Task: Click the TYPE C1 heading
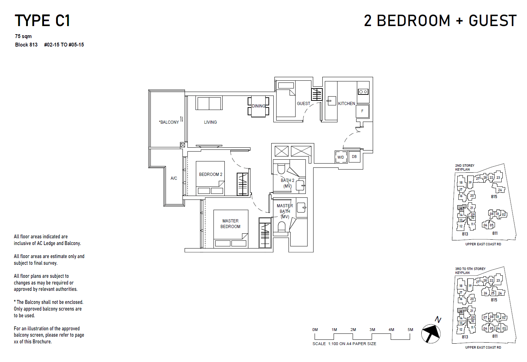tap(42, 21)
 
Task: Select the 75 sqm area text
tap(23, 36)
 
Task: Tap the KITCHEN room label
tap(347, 104)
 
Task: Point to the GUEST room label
tap(303, 104)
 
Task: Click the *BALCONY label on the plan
tap(169, 122)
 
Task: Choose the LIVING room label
tap(210, 122)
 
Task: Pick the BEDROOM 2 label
tap(211, 174)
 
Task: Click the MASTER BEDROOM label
tap(230, 224)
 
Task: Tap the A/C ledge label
tap(174, 178)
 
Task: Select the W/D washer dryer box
tap(341, 157)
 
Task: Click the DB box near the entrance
tap(354, 157)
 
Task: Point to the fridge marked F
tap(362, 111)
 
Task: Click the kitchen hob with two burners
tap(363, 92)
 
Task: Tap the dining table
tap(259, 106)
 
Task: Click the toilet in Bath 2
tap(281, 169)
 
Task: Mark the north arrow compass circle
tap(431, 333)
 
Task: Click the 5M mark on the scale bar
tap(410, 330)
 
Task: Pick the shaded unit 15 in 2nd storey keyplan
tap(461, 208)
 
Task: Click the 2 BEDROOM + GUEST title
tap(440, 21)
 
